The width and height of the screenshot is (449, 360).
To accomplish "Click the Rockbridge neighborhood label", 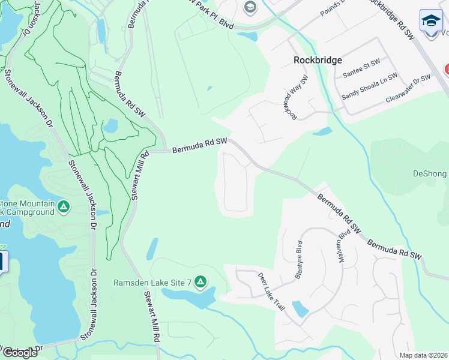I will (318, 60).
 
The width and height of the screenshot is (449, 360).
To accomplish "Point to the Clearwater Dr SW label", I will (409, 88).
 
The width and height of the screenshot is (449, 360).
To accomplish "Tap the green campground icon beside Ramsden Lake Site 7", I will (200, 281).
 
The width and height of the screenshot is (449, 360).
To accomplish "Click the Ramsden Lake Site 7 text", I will (152, 282).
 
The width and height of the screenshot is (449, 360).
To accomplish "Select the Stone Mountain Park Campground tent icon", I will (64, 207).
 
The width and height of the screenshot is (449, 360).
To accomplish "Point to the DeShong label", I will (430, 173).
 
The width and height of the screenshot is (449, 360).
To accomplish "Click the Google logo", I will (20, 353).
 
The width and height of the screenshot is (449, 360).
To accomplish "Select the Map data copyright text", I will (423, 355).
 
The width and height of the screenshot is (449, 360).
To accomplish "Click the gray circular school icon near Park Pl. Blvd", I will (250, 7).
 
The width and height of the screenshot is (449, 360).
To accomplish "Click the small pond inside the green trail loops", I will (110, 125).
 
